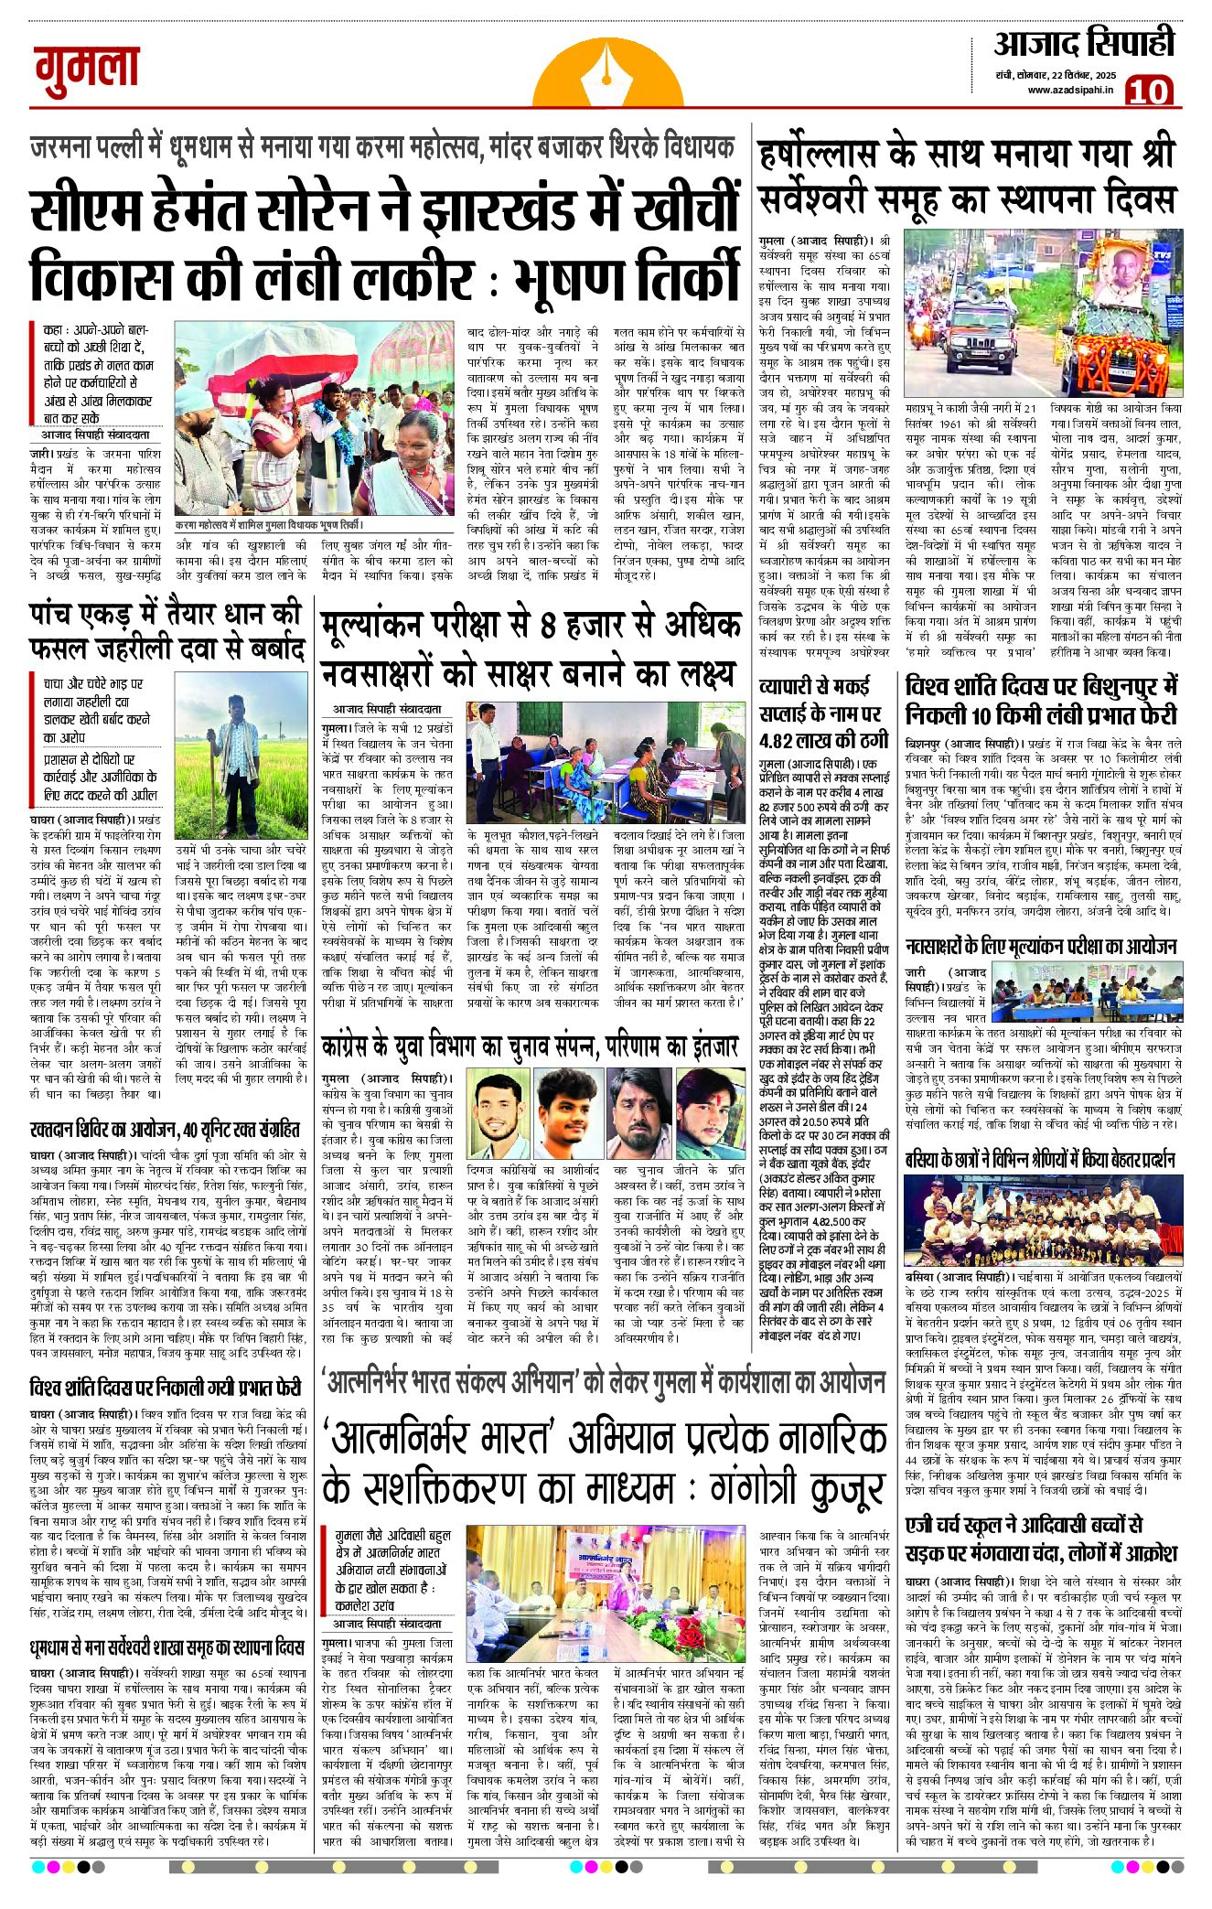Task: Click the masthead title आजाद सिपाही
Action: (1083, 43)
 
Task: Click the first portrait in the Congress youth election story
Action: (498, 1117)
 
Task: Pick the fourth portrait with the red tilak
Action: (710, 1117)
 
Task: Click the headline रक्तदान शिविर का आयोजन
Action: (164, 1130)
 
